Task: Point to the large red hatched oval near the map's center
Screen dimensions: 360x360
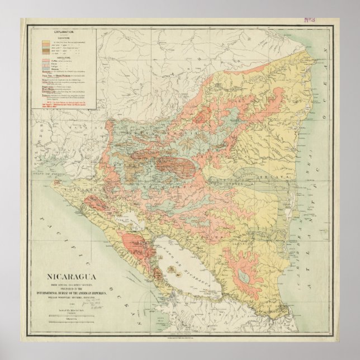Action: pos(174,163)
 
